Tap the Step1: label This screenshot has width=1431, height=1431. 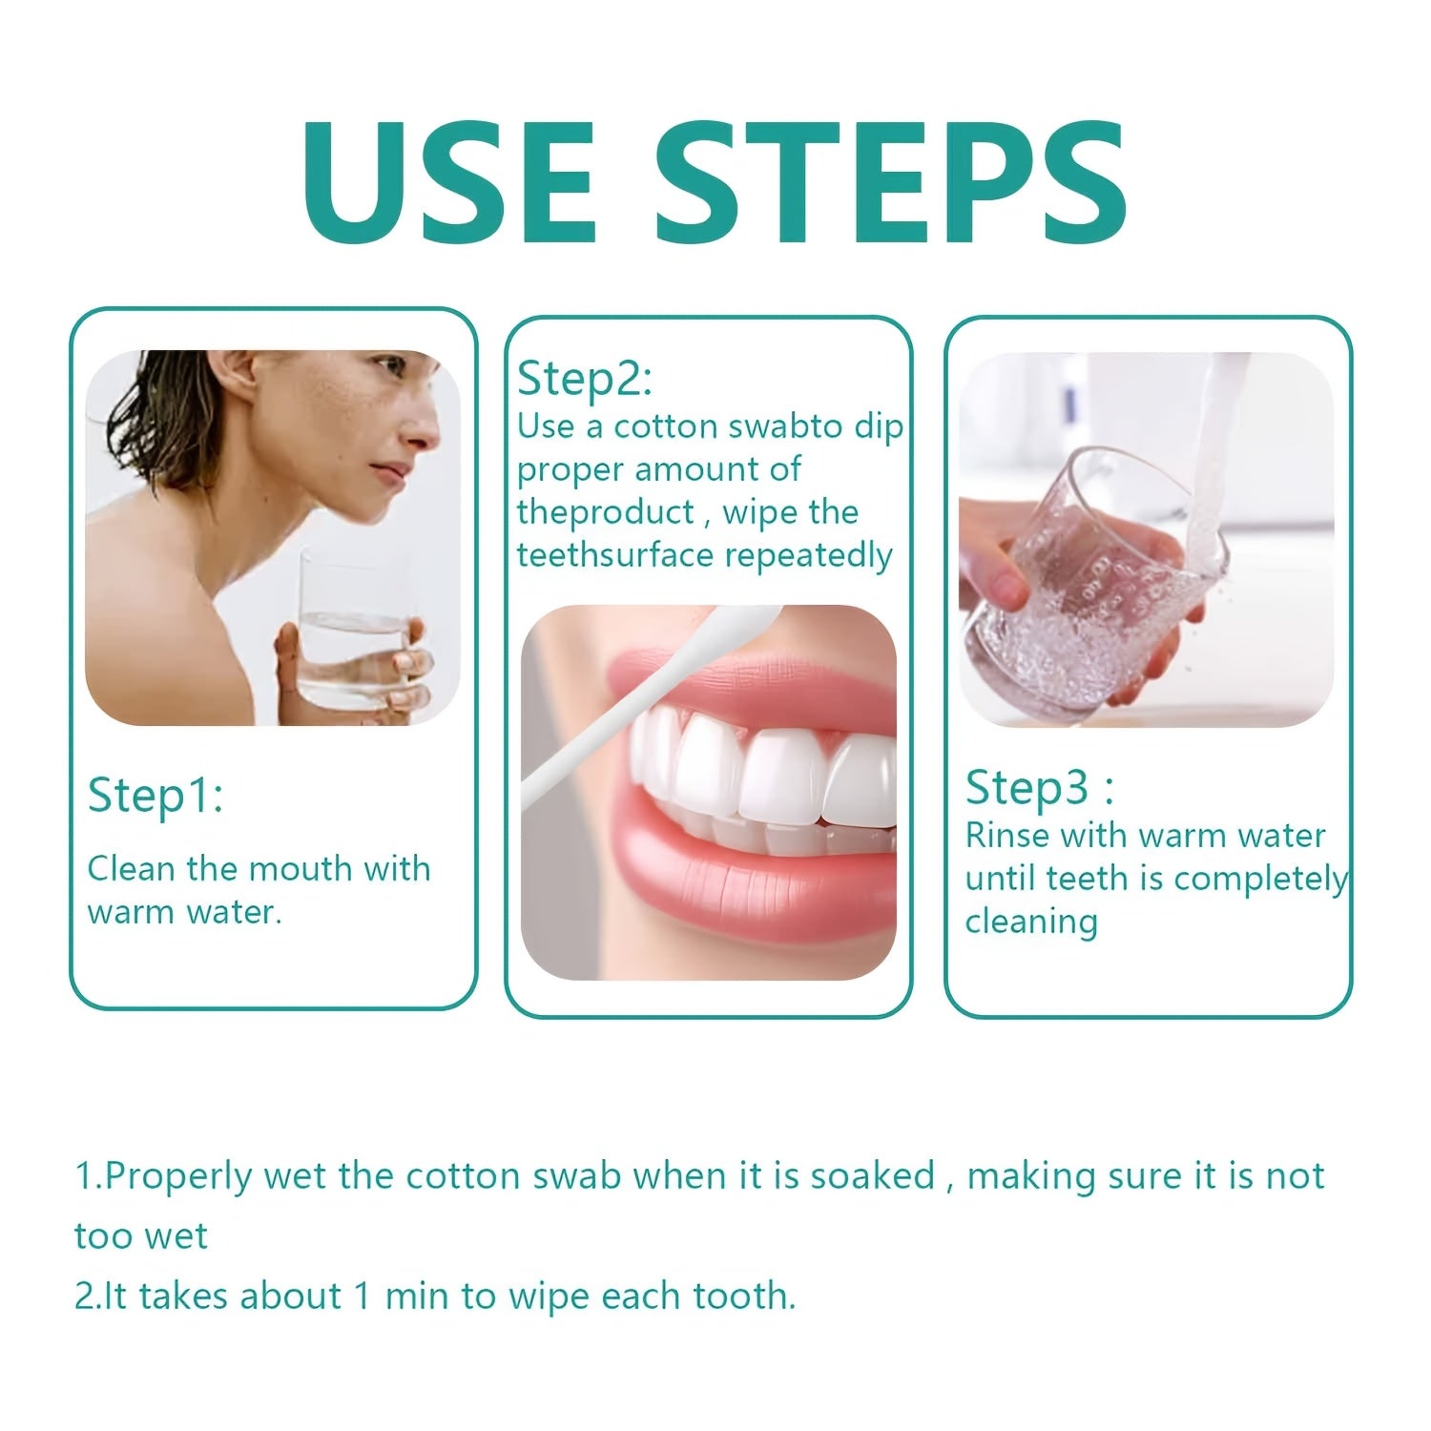tap(156, 796)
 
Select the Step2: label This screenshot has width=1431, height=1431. tap(585, 379)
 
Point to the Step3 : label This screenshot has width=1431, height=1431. tap(1039, 788)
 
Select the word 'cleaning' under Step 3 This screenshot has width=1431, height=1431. tap(1031, 923)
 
